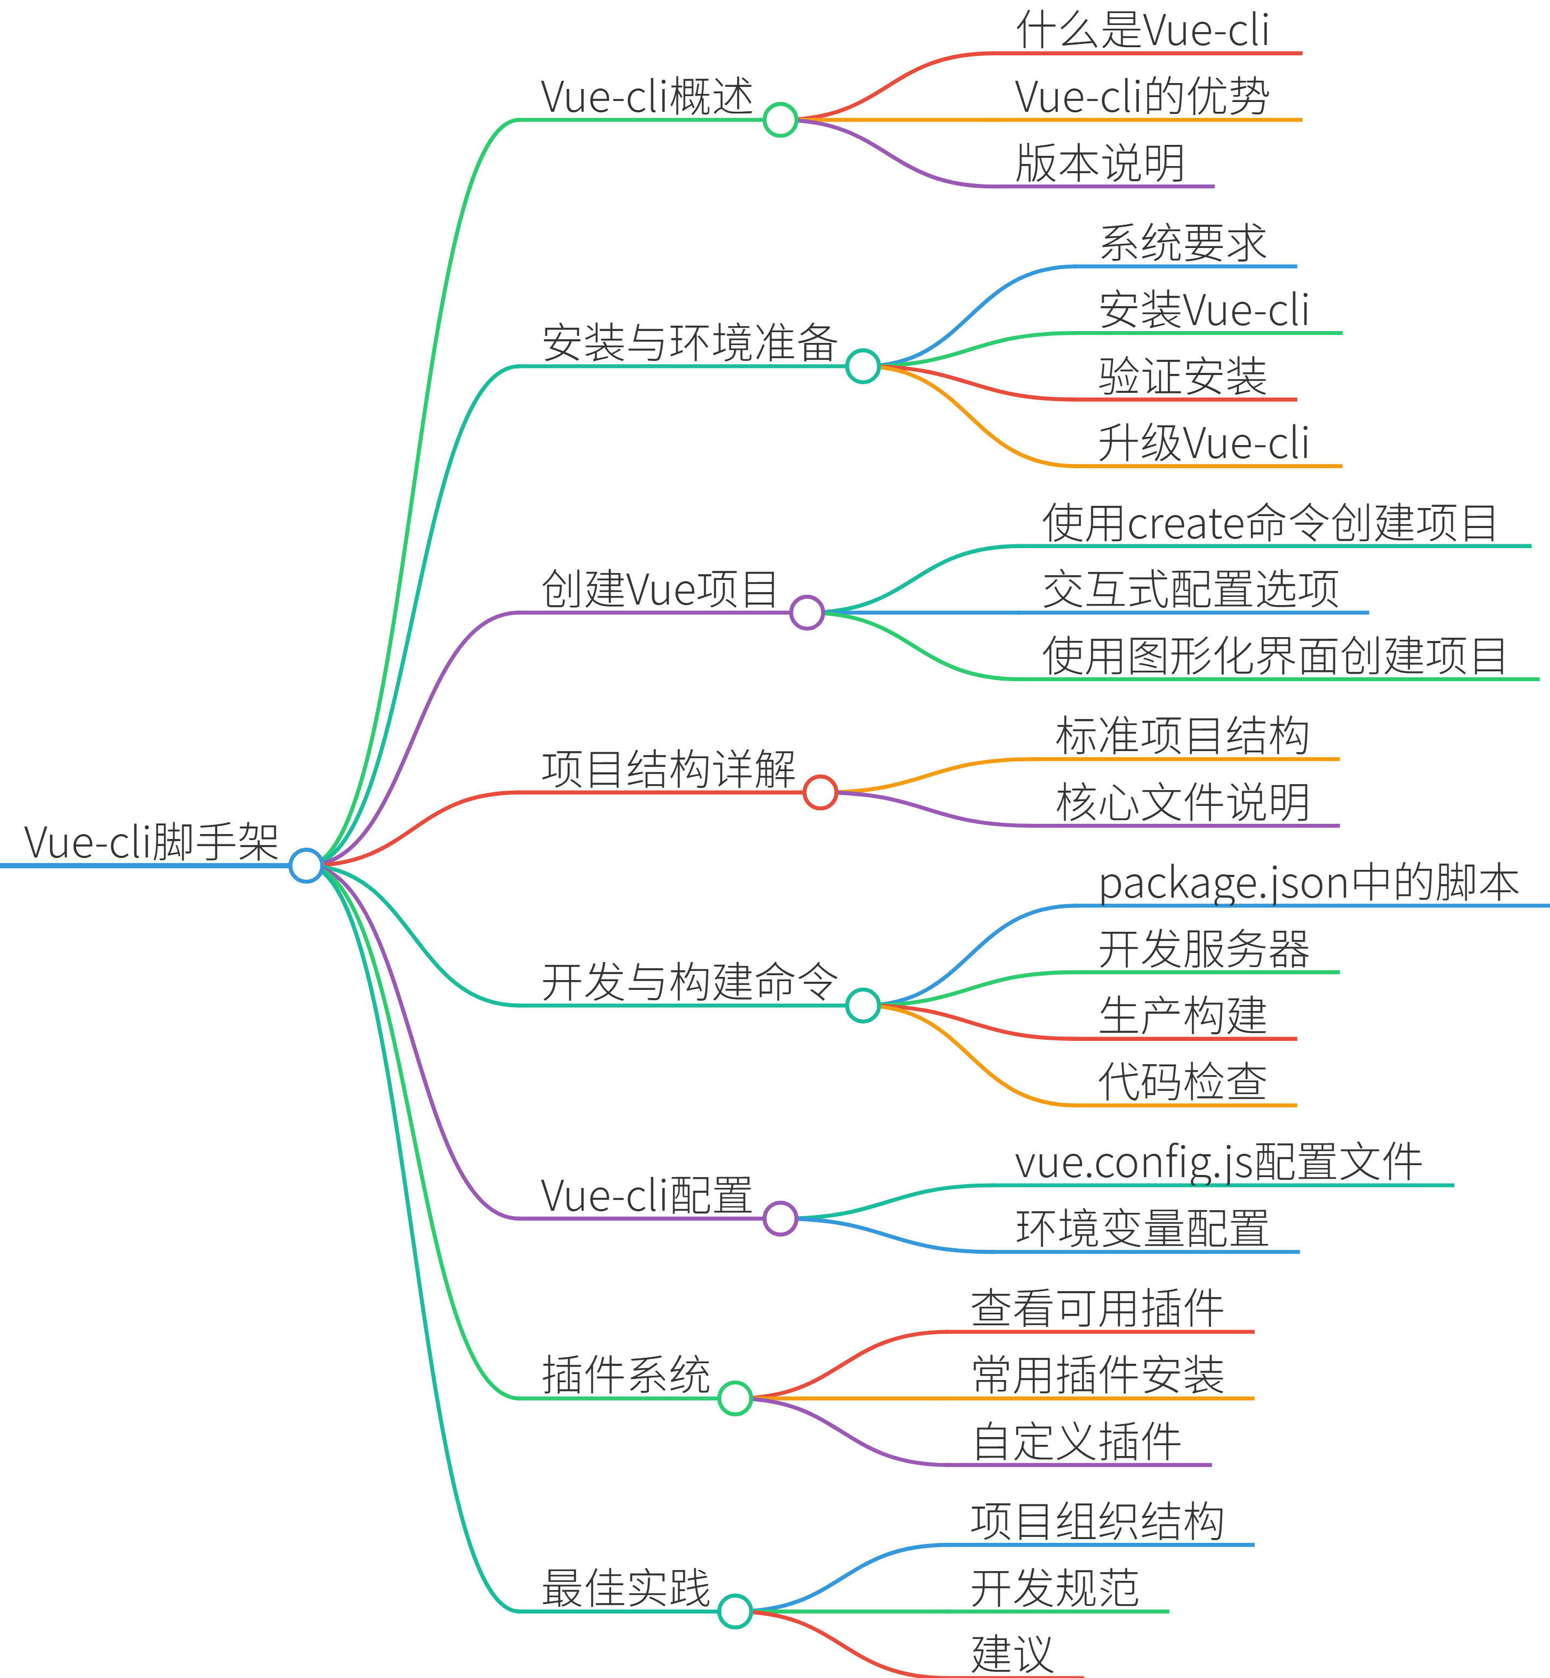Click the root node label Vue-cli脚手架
coord(151,842)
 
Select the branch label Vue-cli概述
coord(647,97)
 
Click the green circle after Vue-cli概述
coord(780,120)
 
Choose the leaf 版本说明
coord(1100,163)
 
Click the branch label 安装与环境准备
coord(689,343)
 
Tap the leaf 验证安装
coord(1183,377)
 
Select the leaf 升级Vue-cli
coord(1204,443)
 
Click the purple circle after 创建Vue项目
coord(807,613)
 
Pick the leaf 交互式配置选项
coord(1190,589)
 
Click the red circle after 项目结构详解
coord(820,792)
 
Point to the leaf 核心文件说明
coord(1182,803)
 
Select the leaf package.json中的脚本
coord(1308,882)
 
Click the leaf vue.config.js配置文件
coord(1218,1162)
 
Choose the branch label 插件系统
coord(626,1375)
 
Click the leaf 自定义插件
coord(1077,1441)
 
